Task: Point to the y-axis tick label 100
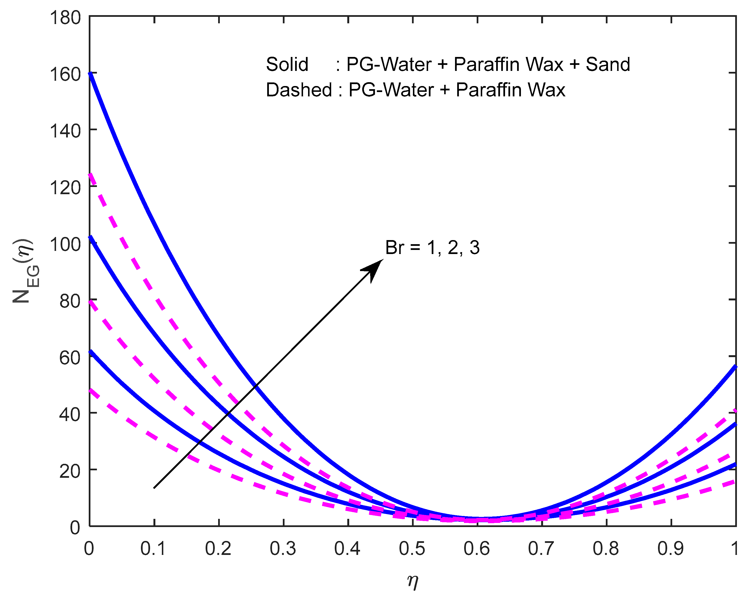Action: (x=65, y=244)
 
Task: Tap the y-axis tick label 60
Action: (x=70, y=358)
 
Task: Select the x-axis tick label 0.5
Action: (x=412, y=549)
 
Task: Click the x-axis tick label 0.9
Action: (x=671, y=549)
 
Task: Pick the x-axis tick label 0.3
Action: (x=283, y=549)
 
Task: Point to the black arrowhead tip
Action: (x=383, y=259)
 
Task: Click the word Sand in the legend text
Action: (x=608, y=65)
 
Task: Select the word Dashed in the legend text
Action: (x=299, y=90)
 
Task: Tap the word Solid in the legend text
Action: (x=287, y=65)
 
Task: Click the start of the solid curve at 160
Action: (x=90, y=73)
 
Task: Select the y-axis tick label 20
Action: (x=70, y=471)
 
